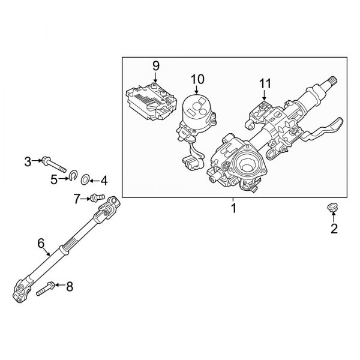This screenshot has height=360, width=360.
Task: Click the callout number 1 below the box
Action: point(234,209)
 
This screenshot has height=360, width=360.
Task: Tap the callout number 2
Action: point(334,228)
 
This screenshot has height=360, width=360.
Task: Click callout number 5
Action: point(53,178)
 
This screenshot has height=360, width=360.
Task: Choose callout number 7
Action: point(76,197)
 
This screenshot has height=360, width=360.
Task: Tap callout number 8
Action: point(69,287)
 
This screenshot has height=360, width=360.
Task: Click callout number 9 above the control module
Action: point(155,65)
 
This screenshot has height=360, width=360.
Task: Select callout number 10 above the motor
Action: point(197,79)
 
